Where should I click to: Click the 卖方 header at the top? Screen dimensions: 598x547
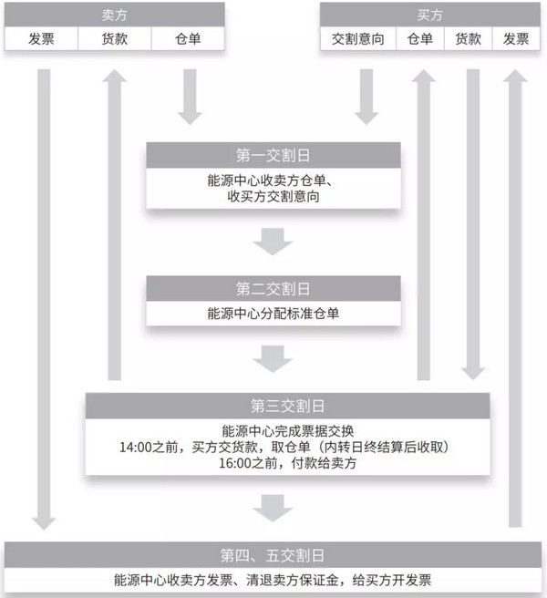pos(115,15)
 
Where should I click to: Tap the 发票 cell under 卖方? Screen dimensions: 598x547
pos(41,39)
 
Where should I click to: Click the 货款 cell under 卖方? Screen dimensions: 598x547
pos(114,39)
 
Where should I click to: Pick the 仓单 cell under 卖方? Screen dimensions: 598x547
pos(187,39)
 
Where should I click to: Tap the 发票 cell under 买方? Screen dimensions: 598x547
pos(516,39)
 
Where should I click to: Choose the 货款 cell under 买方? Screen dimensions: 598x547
pos(468,39)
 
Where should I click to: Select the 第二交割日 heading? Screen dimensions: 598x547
pos(273,290)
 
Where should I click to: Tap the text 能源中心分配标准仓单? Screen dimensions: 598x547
pos(273,315)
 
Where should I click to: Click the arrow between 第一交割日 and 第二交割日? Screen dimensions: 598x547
pos(273,241)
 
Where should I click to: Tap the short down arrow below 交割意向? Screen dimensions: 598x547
pos(366,96)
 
